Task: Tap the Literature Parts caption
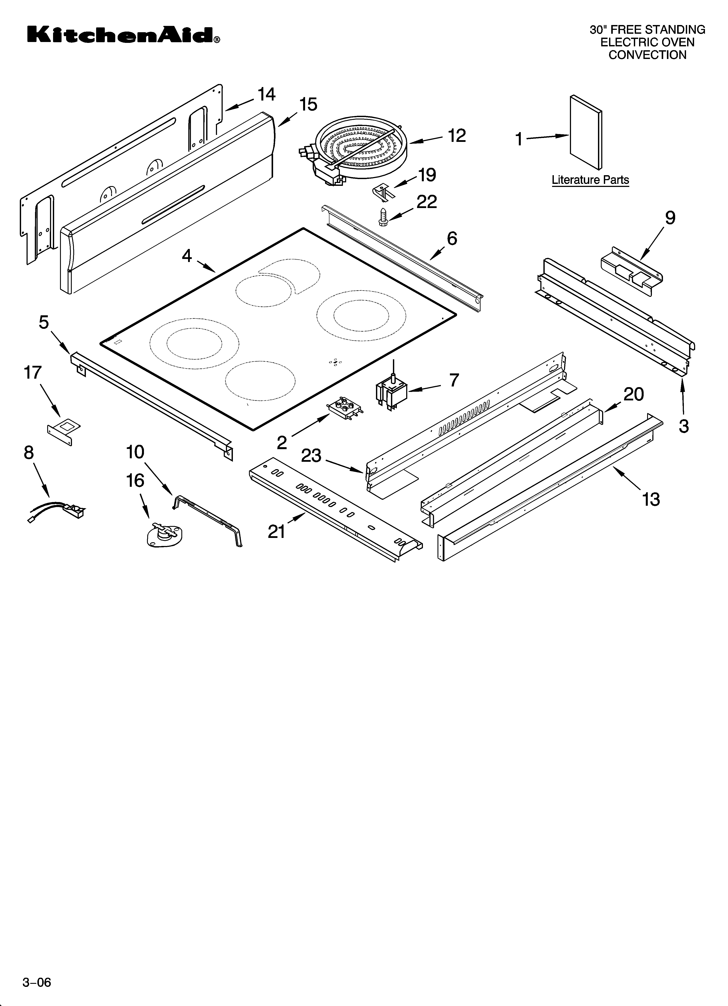coord(590,180)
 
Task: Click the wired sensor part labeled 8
coord(55,510)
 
